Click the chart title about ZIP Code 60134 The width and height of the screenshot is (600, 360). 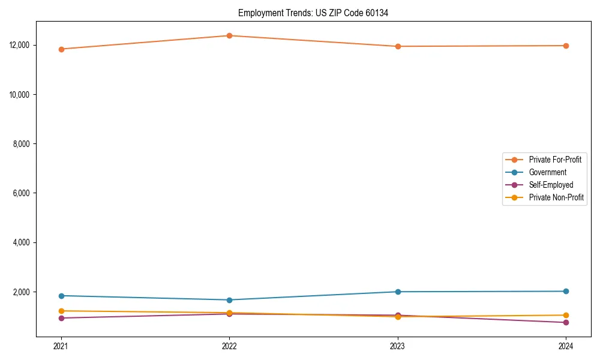(x=313, y=13)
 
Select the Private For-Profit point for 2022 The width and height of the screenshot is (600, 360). (x=229, y=35)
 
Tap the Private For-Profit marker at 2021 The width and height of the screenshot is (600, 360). (x=61, y=49)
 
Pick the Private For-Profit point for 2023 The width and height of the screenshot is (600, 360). (x=397, y=46)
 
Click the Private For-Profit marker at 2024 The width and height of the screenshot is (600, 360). (x=566, y=46)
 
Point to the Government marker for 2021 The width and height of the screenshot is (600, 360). (x=61, y=296)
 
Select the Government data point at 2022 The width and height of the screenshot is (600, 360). (x=229, y=300)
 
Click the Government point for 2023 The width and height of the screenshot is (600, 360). (x=397, y=292)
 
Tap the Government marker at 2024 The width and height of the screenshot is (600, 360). (x=566, y=291)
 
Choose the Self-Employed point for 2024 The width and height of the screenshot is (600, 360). (x=566, y=322)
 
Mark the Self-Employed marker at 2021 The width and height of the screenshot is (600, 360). (x=61, y=318)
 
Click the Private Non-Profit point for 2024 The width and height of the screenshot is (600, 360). (x=566, y=315)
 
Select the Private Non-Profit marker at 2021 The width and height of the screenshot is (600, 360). (x=61, y=311)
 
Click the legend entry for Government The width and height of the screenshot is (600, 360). (x=547, y=172)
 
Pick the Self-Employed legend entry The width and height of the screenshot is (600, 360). (x=551, y=185)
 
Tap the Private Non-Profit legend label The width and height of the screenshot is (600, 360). (x=556, y=197)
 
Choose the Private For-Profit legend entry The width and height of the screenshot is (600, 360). (x=555, y=160)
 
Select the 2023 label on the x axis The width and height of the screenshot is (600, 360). (x=397, y=346)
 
